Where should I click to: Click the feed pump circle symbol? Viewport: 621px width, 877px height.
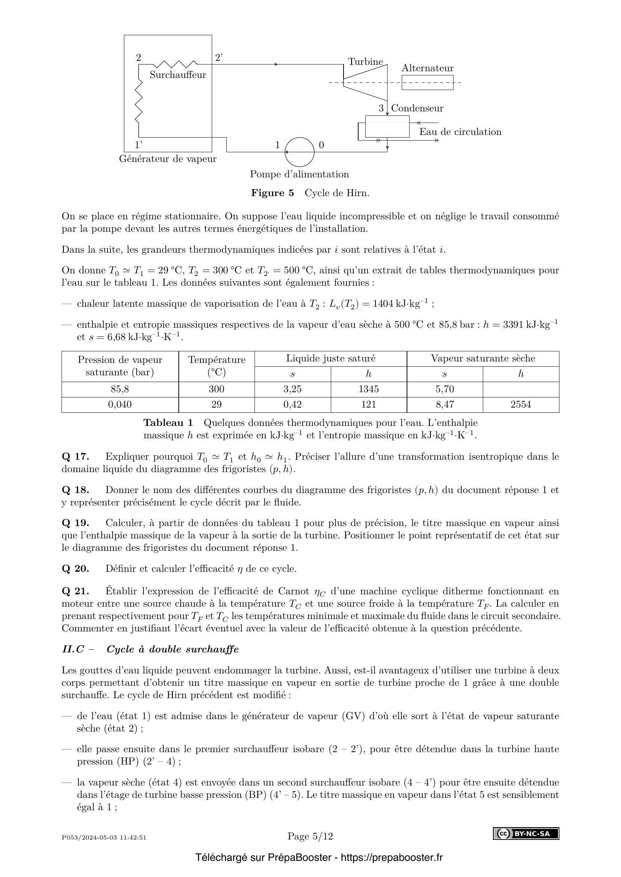(x=299, y=152)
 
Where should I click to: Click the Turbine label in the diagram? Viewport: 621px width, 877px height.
(x=365, y=62)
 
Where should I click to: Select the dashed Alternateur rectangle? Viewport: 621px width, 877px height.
(x=427, y=82)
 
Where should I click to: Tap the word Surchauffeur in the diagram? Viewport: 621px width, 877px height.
(x=178, y=75)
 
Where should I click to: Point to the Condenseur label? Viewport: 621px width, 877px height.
(x=417, y=108)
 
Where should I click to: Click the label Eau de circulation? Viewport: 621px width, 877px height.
(x=460, y=132)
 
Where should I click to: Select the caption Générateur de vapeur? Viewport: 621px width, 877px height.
(x=167, y=159)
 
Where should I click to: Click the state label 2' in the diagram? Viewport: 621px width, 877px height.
(x=219, y=57)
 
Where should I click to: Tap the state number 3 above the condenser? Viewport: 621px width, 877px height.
(x=381, y=108)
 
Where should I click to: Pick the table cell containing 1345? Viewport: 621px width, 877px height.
(x=368, y=389)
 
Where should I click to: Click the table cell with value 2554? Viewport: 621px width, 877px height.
(x=520, y=405)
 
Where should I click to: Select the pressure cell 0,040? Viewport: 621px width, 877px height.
(x=120, y=405)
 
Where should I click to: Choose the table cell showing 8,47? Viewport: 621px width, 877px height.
(x=444, y=405)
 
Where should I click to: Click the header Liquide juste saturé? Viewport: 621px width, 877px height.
(x=330, y=358)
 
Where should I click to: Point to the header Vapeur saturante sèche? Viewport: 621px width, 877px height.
(x=482, y=358)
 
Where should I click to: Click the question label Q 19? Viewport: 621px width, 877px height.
(x=75, y=523)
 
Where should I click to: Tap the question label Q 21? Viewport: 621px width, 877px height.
(x=75, y=591)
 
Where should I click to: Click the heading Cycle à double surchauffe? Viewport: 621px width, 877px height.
(x=172, y=649)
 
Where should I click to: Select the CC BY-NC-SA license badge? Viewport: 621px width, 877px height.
(x=526, y=834)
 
